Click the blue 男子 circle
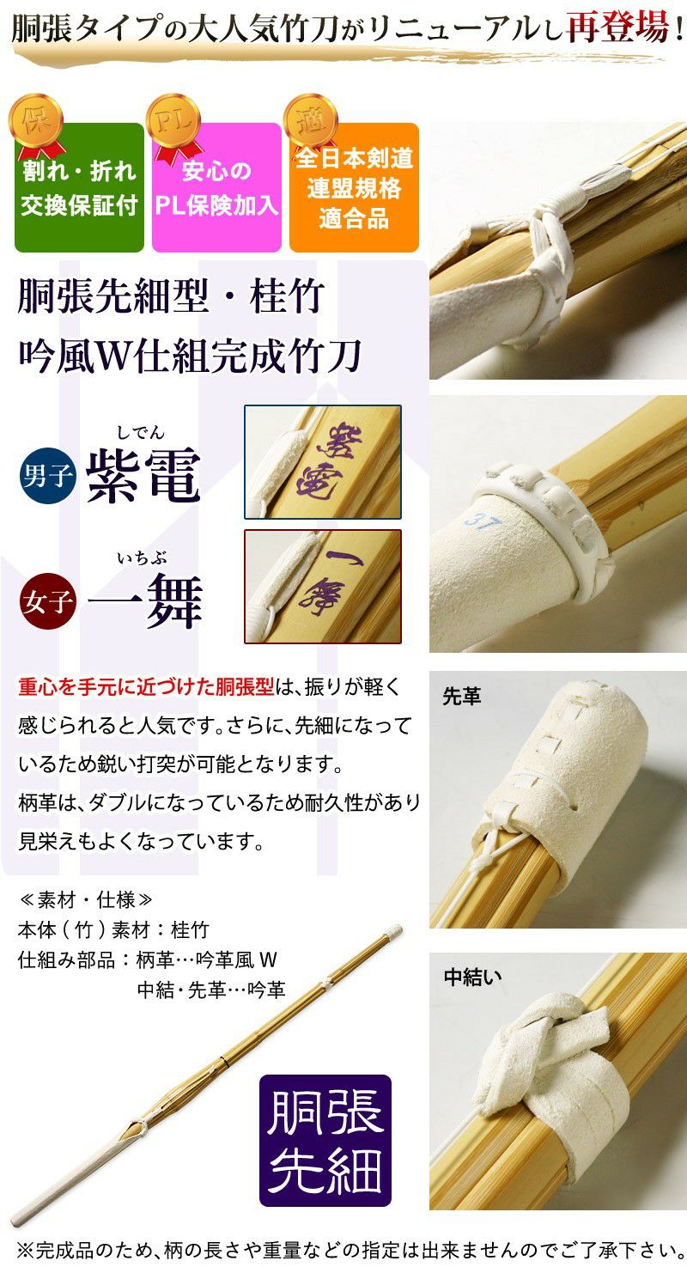47,476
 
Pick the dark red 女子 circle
47,601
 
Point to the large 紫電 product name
143,476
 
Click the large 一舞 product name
145,600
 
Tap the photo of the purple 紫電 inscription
323,461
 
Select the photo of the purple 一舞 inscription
323,587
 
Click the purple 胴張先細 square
325,1141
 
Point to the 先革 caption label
461,697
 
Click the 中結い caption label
472,977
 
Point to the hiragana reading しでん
140,433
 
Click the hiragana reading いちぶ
142,558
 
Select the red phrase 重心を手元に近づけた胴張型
146,686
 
